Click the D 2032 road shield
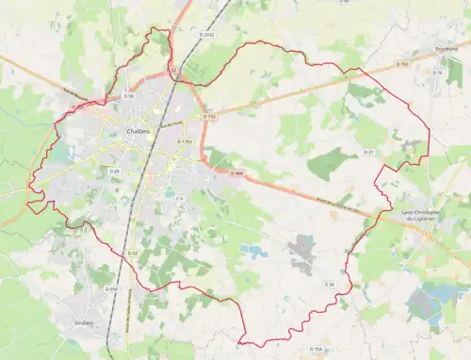click(x=208, y=35)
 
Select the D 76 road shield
click(x=438, y=73)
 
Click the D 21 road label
click(x=369, y=151)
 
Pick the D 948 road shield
click(x=237, y=172)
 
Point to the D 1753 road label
click(x=185, y=141)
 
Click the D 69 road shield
click(x=114, y=171)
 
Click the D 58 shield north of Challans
click(x=129, y=95)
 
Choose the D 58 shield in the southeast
click(x=330, y=283)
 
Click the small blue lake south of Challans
click(x=252, y=252)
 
